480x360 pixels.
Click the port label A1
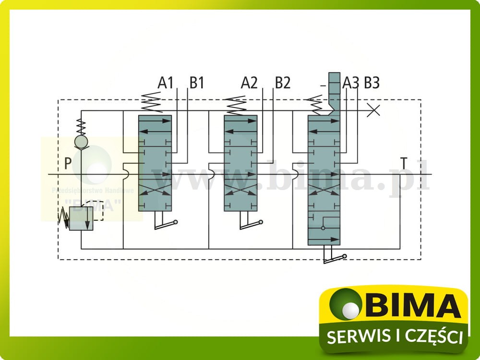pyautogui.click(x=166, y=83)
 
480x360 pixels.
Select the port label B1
pyautogui.click(x=196, y=83)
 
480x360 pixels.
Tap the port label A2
pyautogui.click(x=249, y=83)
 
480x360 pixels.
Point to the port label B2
pyautogui.click(x=283, y=83)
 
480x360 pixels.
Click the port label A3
pyautogui.click(x=351, y=83)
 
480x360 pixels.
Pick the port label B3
pyautogui.click(x=372, y=83)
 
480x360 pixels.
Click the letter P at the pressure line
pyautogui.click(x=68, y=164)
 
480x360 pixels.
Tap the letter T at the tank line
pyautogui.click(x=405, y=164)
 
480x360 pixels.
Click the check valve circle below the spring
pyautogui.click(x=81, y=142)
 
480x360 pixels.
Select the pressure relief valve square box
pyautogui.click(x=81, y=218)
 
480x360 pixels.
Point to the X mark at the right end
pyautogui.click(x=373, y=110)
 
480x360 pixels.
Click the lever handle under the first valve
pyautogui.click(x=166, y=224)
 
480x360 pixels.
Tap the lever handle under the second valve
pyautogui.click(x=251, y=224)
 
